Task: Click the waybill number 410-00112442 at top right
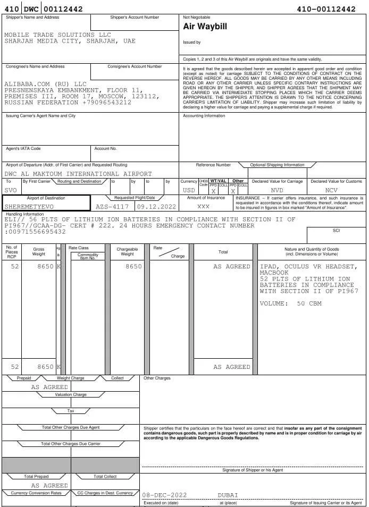tap(326, 9)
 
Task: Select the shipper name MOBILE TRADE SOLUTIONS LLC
tap(57, 35)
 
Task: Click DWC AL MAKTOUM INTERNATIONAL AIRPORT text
tap(78, 174)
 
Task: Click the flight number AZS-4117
tap(112, 206)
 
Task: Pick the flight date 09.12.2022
tap(156, 206)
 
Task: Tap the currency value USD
tap(189, 190)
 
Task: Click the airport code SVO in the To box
tap(11, 190)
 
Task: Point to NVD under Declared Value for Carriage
tap(277, 190)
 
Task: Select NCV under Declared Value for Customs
tap(331, 190)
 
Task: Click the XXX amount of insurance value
tap(203, 206)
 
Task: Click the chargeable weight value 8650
tap(133, 267)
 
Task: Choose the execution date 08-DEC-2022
tap(164, 495)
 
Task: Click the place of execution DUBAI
tap(228, 495)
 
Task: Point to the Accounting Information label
tap(204, 116)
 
